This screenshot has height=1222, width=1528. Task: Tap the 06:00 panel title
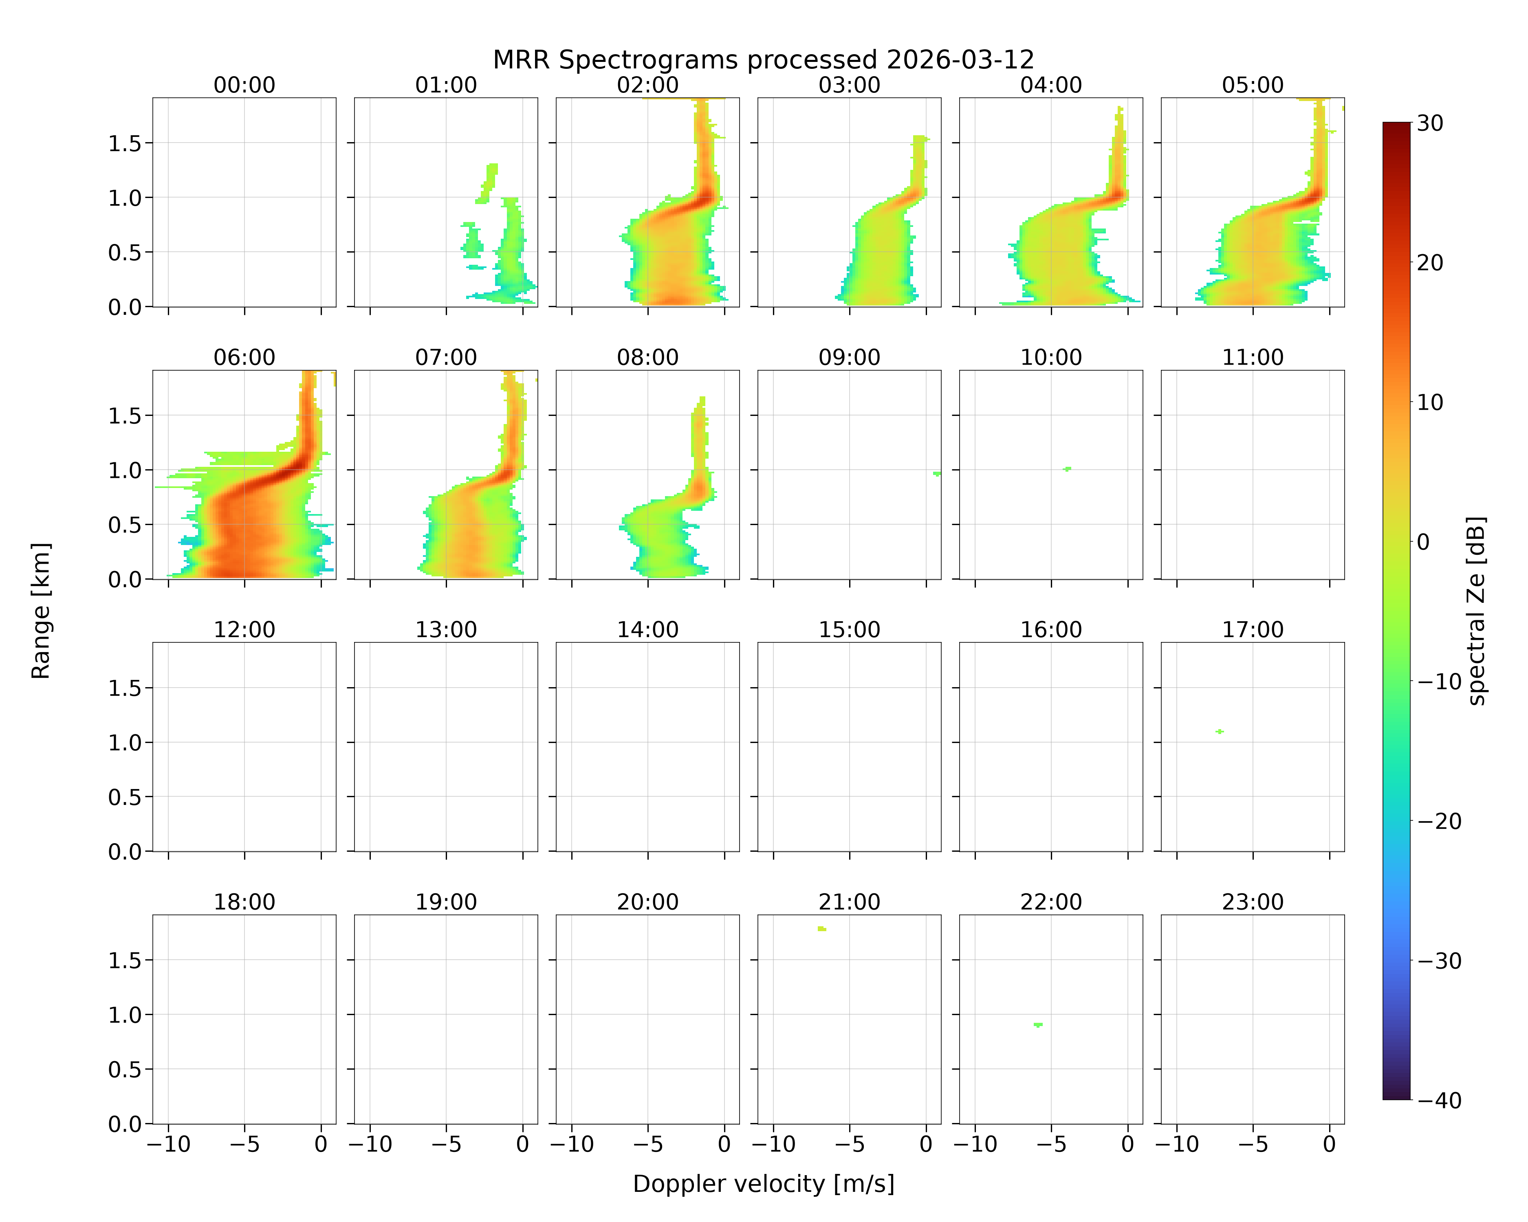click(x=244, y=357)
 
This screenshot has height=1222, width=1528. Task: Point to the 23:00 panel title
click(x=1252, y=902)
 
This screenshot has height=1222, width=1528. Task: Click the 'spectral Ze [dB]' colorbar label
click(x=1476, y=611)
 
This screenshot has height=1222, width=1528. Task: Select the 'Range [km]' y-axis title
click(x=41, y=611)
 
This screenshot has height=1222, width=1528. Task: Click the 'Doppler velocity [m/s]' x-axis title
click(x=763, y=1184)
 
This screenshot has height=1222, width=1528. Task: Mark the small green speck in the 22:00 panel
click(x=1038, y=1024)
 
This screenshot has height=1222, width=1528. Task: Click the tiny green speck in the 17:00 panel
click(x=1220, y=731)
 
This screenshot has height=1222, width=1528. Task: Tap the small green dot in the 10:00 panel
click(x=1067, y=469)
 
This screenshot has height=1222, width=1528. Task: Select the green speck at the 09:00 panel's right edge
click(x=937, y=473)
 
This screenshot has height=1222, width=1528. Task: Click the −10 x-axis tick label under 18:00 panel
click(x=168, y=1144)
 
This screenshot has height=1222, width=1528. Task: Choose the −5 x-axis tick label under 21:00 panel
click(x=849, y=1144)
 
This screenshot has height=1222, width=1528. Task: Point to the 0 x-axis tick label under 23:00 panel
click(x=1330, y=1144)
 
